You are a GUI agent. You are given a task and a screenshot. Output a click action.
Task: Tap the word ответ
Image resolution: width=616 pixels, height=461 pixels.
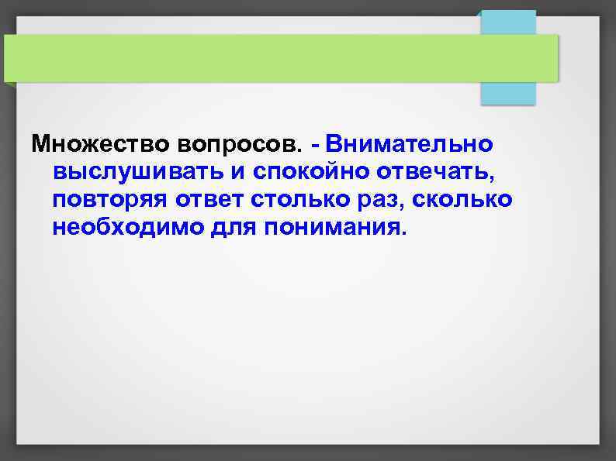(213, 201)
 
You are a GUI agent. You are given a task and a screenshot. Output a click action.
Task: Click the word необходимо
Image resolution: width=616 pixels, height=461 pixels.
(126, 229)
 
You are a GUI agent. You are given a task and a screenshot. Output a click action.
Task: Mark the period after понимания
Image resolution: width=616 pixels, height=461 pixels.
(402, 235)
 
